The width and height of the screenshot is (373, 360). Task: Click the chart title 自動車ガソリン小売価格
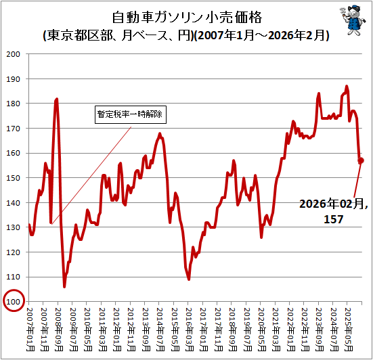coord(187,18)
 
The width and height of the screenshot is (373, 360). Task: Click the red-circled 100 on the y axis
coord(14,301)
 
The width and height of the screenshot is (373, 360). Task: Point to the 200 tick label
coord(13,54)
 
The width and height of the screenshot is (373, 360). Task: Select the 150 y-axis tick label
coord(13,178)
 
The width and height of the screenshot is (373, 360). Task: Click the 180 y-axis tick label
coord(13,104)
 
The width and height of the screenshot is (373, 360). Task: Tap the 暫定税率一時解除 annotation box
coord(131,114)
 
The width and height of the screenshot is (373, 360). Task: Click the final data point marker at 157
coord(361,160)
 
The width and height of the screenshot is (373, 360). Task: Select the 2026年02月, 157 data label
coord(334,211)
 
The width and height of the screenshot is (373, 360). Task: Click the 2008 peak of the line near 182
coord(57,99)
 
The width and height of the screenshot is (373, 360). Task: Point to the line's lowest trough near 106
coord(64,287)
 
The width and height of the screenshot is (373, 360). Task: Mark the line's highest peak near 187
coord(347,86)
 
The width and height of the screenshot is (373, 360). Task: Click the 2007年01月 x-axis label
coord(30,330)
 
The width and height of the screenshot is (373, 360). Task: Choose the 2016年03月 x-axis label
coord(190,330)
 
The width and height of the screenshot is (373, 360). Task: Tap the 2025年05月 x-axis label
coord(349,330)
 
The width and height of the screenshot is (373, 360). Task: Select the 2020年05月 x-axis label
coord(262,330)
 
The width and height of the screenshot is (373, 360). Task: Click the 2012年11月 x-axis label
coord(132,330)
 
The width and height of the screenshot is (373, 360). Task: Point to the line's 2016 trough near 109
coord(189,279)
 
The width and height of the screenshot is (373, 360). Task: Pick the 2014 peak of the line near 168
coord(160,133)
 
